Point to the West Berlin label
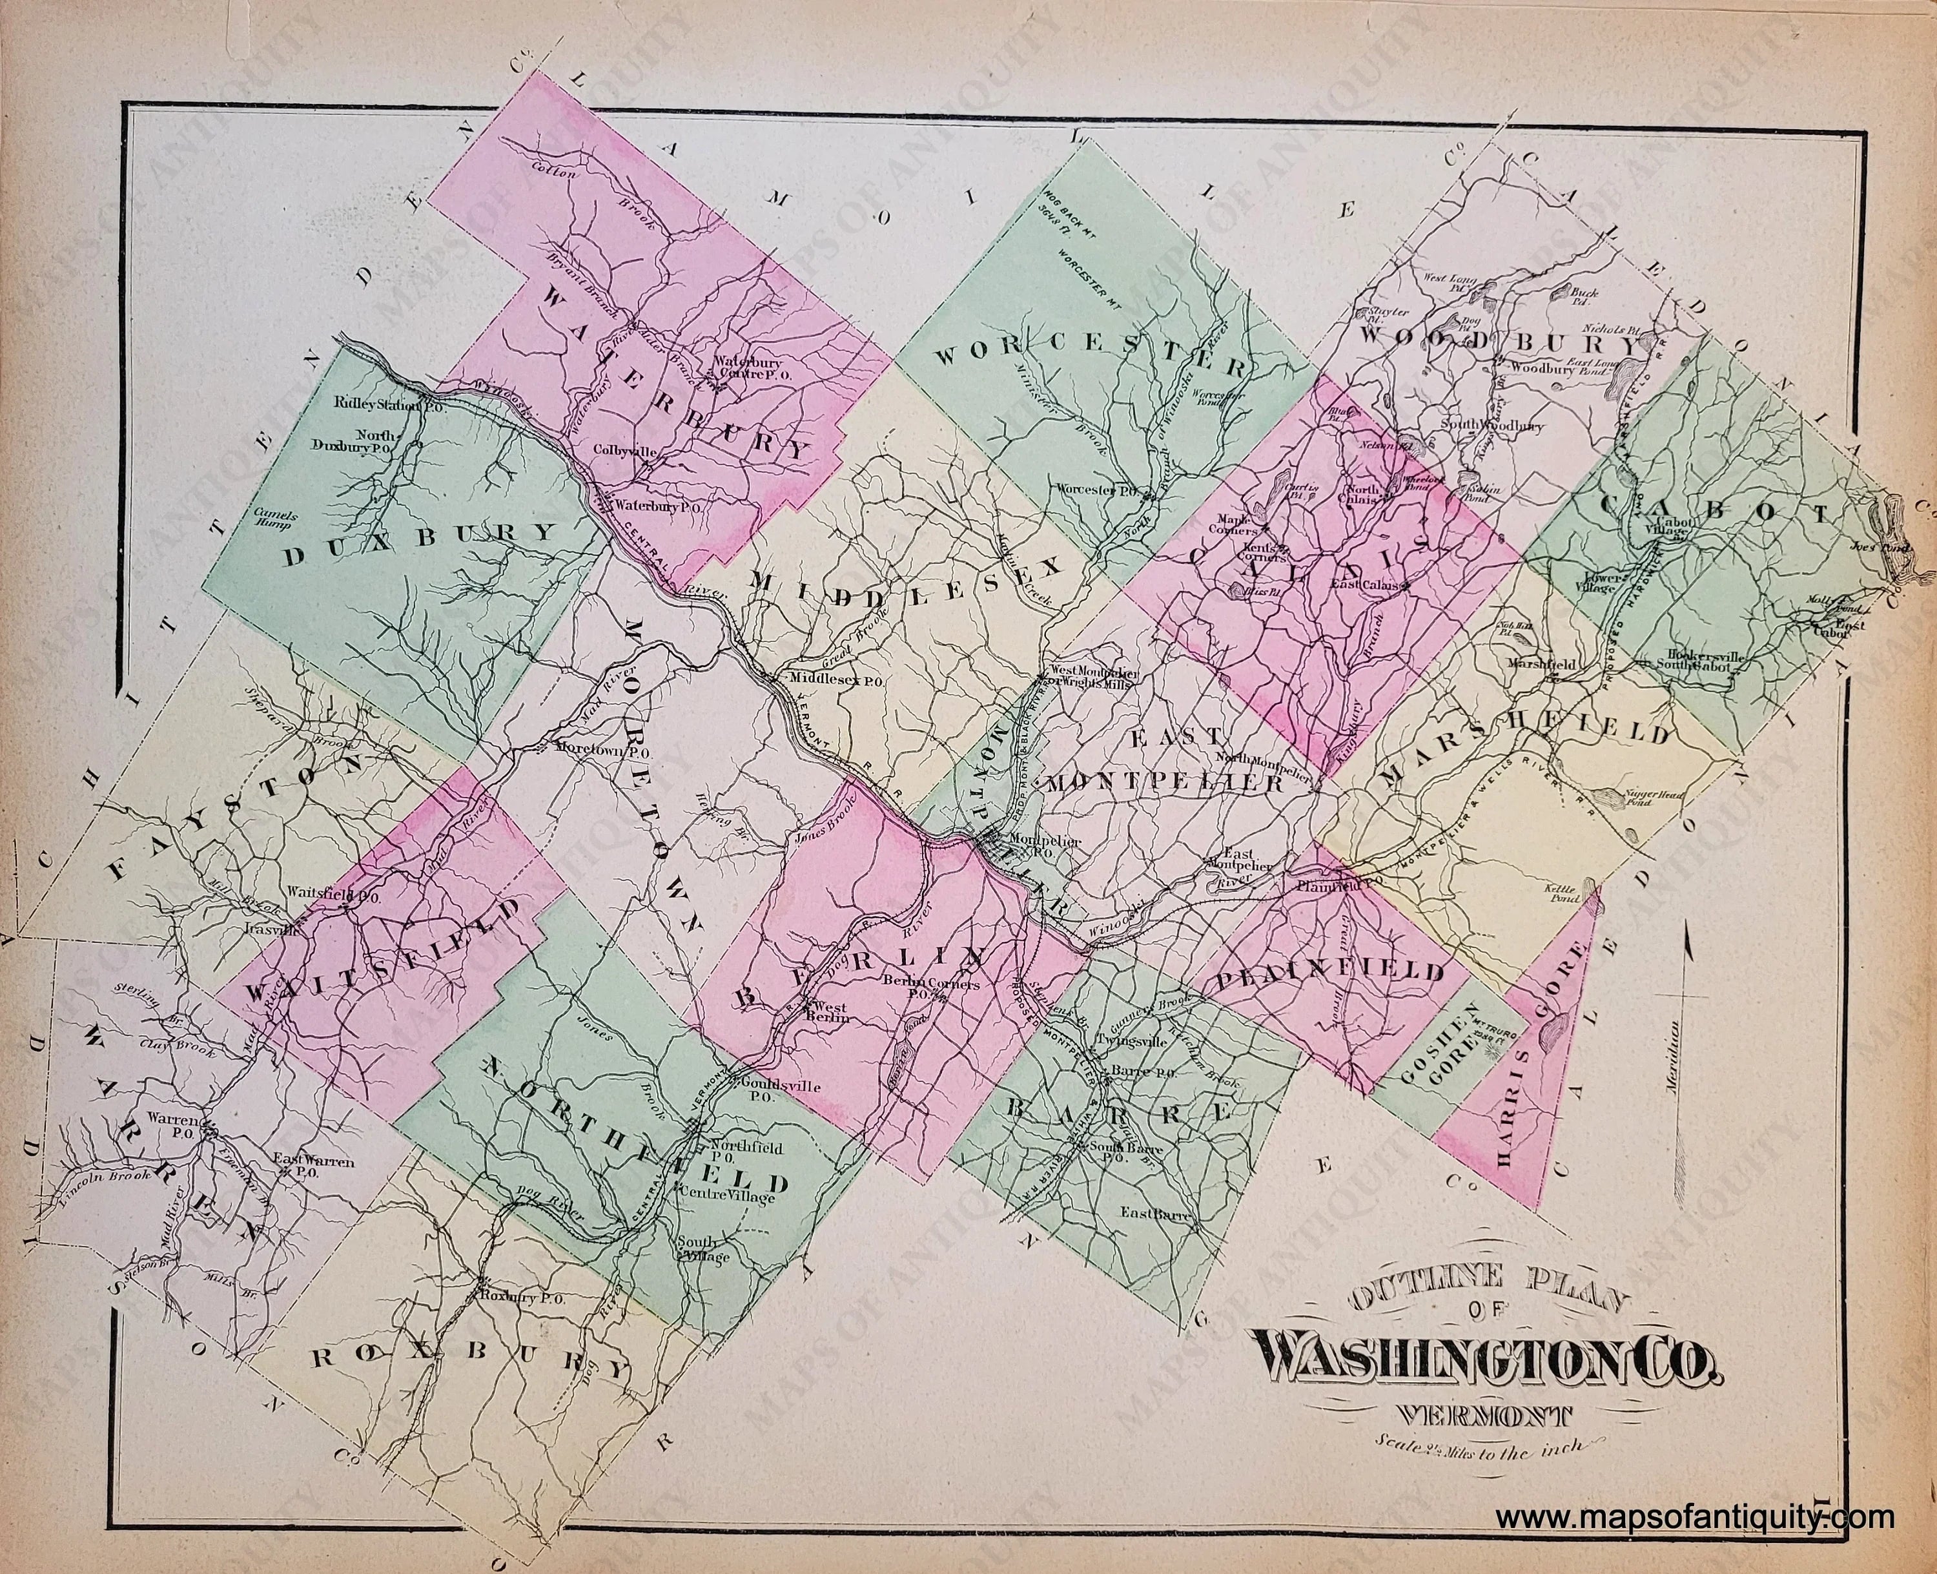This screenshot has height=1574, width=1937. pyautogui.click(x=830, y=1013)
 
